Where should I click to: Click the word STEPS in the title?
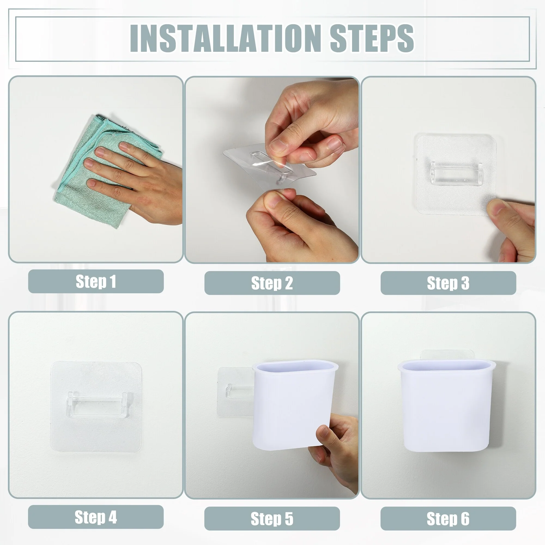(372, 38)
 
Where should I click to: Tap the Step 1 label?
(96, 281)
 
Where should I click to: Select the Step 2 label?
(272, 283)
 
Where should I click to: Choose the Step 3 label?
(448, 283)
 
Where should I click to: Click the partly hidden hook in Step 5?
(240, 391)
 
